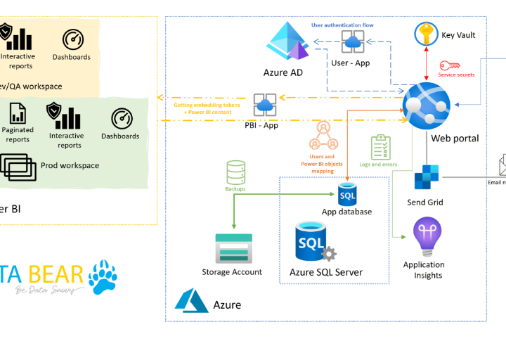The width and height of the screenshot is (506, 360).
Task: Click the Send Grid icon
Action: point(426,178)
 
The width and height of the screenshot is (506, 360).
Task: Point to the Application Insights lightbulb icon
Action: point(427,237)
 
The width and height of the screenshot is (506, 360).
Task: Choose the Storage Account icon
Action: point(232,248)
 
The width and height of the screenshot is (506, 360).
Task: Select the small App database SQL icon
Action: point(347,193)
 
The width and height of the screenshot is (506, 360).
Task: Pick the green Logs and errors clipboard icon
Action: point(380,147)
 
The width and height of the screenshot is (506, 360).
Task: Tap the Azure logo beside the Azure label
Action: point(188,300)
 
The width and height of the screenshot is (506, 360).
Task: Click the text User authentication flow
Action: point(342,25)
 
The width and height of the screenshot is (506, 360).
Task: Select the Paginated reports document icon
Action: point(18,112)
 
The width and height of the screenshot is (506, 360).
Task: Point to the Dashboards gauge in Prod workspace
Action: point(122,118)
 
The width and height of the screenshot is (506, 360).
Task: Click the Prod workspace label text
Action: point(70,166)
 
